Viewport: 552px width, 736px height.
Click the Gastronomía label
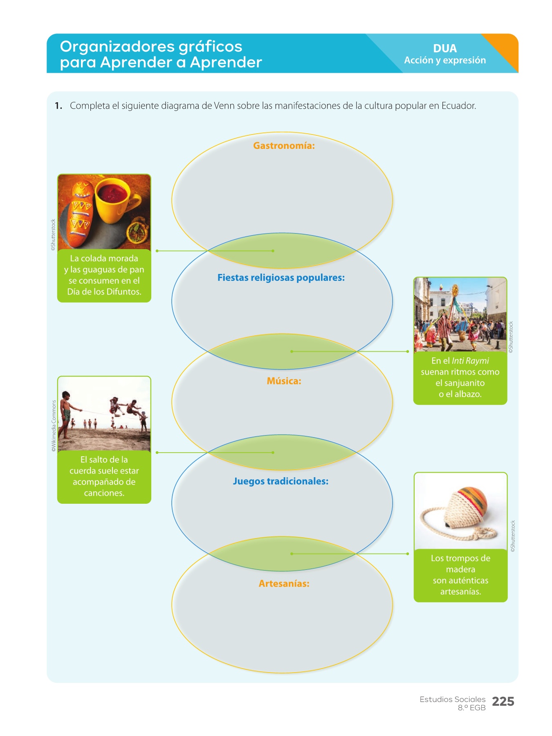284,146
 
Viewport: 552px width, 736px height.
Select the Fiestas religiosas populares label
281,278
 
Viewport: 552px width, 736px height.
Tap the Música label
284,381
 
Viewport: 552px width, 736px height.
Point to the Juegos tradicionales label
280,481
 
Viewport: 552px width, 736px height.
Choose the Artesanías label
284,584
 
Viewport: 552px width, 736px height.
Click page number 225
503,702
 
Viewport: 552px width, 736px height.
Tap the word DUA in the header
445,48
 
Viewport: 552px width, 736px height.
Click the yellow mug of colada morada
115,200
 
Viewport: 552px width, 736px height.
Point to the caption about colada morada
104,275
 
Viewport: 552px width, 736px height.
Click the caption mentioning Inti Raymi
460,377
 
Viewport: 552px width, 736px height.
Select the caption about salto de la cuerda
104,476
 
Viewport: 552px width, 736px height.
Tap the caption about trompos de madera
460,575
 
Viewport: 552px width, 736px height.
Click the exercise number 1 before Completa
58,106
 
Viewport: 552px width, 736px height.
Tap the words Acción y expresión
445,61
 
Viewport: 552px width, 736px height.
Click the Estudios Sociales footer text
452,700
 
